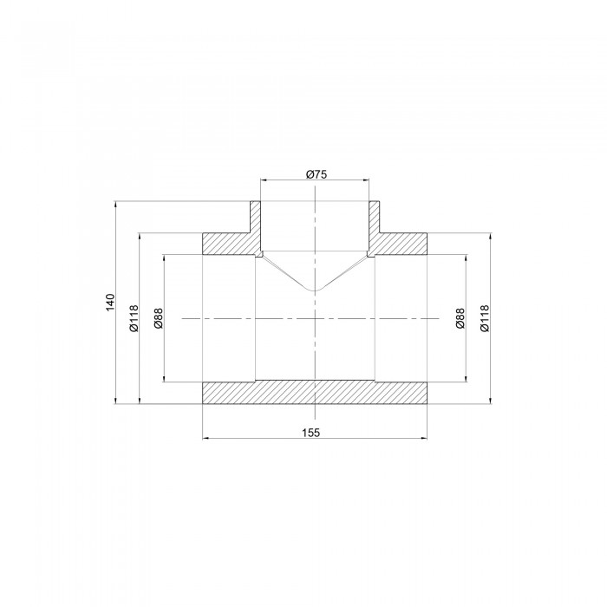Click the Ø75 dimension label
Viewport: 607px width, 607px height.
(317, 174)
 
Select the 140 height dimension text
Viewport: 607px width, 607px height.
(111, 302)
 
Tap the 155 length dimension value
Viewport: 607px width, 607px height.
(311, 433)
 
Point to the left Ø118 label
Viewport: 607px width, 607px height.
(134, 318)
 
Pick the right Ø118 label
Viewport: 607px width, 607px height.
(484, 318)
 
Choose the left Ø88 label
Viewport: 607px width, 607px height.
(159, 318)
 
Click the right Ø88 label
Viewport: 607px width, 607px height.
(460, 318)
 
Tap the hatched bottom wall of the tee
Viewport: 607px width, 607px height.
(315, 393)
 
